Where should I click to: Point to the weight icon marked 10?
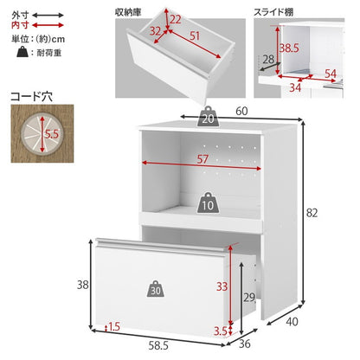(x=208, y=205)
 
